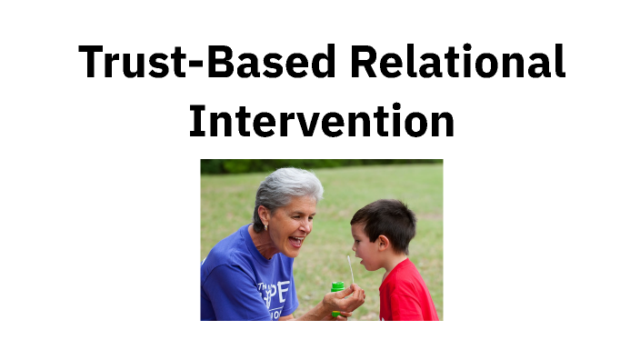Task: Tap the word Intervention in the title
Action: [x=321, y=120]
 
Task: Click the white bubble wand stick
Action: [x=349, y=269]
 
